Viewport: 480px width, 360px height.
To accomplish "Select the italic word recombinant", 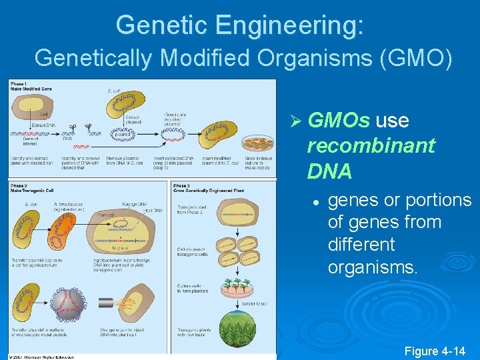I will tap(371, 145).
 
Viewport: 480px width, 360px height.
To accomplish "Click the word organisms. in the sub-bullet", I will tap(373, 267).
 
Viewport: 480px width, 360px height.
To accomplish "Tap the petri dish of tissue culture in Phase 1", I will tap(257, 143).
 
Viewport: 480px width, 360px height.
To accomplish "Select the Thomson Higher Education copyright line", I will tap(41, 356).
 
